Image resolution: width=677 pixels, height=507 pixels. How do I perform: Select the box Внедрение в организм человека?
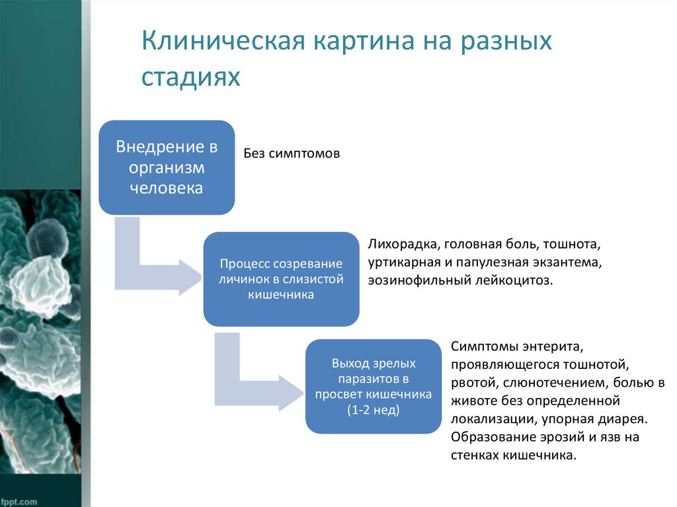167,167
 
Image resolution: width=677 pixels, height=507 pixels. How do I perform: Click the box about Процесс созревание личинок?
281,279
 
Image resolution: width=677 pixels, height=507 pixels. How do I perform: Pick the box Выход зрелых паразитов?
374,387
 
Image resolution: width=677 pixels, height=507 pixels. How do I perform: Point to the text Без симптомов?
292,154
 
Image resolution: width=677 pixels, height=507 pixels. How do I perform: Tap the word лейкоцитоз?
512,280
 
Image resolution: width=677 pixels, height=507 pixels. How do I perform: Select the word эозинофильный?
419,280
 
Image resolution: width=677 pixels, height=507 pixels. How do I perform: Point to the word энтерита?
550,346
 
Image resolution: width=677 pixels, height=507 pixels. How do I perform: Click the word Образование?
487,437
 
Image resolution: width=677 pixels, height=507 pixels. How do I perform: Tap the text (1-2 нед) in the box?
374,410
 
